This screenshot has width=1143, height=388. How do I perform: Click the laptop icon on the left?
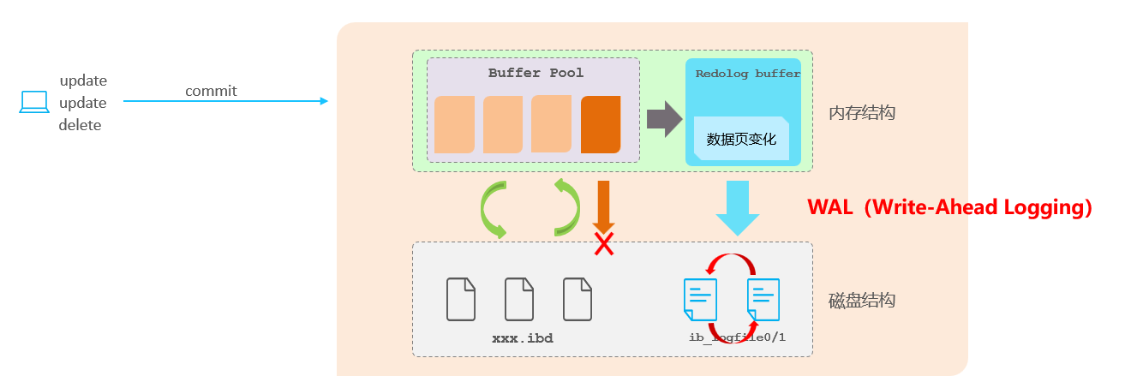click(x=34, y=103)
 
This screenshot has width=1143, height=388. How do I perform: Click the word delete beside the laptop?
click(x=80, y=125)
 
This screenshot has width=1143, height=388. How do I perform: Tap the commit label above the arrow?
click(x=211, y=91)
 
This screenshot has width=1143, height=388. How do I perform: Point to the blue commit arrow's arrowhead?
click(x=324, y=101)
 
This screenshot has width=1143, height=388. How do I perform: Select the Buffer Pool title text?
click(x=536, y=73)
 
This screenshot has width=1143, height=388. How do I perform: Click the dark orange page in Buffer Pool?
click(x=601, y=125)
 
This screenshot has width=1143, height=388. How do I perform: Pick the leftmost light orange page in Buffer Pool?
click(x=454, y=125)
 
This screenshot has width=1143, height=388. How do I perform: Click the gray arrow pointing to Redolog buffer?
click(x=662, y=119)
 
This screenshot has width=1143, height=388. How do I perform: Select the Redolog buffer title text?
click(x=747, y=74)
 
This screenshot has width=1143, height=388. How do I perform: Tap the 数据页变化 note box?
click(x=741, y=139)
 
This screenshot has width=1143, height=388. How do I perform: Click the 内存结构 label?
click(x=861, y=112)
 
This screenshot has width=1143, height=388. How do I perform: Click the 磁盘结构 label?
click(x=861, y=301)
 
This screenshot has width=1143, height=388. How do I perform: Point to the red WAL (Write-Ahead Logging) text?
click(x=950, y=208)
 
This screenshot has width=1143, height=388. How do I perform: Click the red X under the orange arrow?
click(x=604, y=245)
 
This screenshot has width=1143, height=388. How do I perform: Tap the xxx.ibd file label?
click(x=522, y=338)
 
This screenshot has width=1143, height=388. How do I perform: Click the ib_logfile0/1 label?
click(x=737, y=337)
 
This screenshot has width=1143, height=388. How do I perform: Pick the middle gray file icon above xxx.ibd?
click(x=519, y=299)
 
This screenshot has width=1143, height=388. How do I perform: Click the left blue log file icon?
click(x=699, y=300)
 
